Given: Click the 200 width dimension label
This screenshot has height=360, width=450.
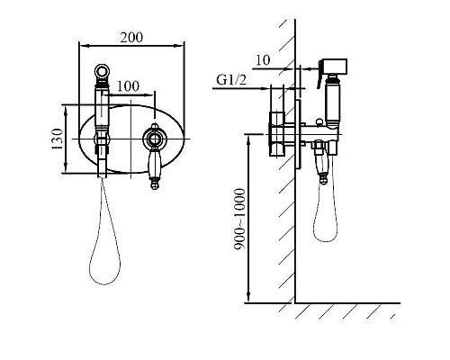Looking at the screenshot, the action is click(x=131, y=38).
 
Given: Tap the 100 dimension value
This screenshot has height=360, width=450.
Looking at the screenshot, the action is click(x=128, y=86).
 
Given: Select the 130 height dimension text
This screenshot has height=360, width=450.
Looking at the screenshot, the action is click(x=57, y=139).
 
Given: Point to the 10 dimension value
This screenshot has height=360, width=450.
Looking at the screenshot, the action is click(x=263, y=60).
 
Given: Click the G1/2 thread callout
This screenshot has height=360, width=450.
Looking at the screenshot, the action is click(x=231, y=79).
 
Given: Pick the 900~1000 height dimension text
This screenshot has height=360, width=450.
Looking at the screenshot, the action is click(x=239, y=219).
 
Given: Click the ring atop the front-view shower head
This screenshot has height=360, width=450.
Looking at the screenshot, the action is click(x=103, y=71).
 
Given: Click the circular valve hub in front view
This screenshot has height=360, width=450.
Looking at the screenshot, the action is click(x=154, y=139).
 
